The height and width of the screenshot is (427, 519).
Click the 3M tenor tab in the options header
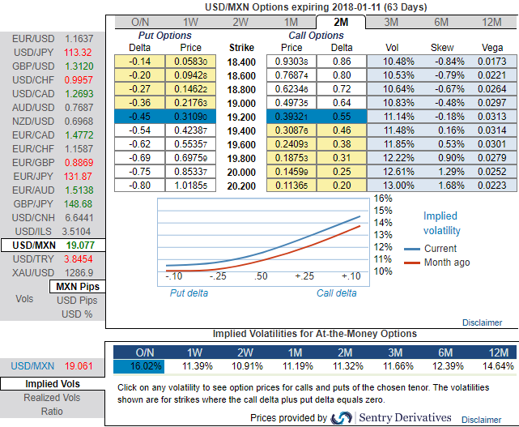(x=390, y=21)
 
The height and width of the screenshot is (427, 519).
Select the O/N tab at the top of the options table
(x=139, y=21)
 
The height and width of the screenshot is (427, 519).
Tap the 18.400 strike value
(x=242, y=61)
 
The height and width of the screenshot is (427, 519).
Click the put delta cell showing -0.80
(x=141, y=185)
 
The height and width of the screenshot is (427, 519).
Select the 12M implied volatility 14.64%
(x=491, y=366)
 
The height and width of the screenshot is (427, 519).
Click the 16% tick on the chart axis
(x=383, y=198)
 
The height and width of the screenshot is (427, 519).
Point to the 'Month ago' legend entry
(x=446, y=262)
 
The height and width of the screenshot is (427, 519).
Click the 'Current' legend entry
(x=440, y=248)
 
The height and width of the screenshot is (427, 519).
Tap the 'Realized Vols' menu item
(x=53, y=397)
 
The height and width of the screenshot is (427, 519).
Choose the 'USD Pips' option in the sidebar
(x=77, y=301)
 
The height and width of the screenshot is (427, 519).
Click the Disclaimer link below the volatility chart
(x=482, y=322)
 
